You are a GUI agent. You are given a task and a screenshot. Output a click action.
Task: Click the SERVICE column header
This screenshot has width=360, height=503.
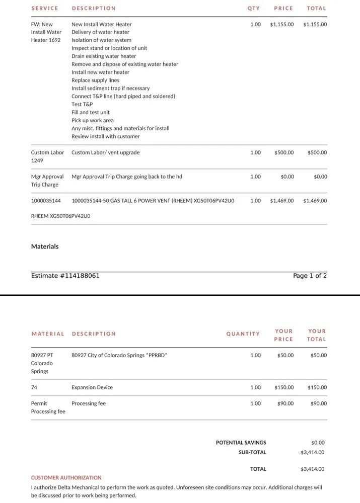(45, 9)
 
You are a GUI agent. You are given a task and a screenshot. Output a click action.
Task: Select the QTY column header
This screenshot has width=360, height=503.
(254, 9)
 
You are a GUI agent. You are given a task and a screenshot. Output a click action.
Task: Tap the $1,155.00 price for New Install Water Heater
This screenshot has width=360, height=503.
(281, 24)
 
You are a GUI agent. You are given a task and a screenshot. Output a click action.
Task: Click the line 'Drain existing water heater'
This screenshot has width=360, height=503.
(104, 56)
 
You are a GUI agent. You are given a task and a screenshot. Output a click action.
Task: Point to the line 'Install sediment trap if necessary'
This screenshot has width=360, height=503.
(110, 89)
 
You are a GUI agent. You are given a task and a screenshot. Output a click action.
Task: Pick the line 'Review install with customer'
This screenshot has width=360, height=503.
(106, 137)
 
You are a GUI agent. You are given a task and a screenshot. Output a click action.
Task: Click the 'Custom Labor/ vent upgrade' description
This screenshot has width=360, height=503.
(106, 153)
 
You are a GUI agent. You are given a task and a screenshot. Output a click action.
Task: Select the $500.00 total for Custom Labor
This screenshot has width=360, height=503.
(317, 153)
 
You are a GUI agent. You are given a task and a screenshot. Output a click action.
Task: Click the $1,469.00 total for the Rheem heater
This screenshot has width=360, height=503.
(315, 201)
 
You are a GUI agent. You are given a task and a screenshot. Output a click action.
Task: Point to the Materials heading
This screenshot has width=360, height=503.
(45, 247)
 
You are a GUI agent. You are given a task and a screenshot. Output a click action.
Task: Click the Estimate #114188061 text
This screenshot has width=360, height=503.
(65, 276)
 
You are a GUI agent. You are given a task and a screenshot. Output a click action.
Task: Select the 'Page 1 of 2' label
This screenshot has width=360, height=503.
(310, 276)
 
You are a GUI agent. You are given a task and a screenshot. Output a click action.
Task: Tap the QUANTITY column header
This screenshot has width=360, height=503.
(243, 334)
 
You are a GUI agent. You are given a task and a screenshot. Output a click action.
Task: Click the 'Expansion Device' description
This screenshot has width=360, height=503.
(92, 388)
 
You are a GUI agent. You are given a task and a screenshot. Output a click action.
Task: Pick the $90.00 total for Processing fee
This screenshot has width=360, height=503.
(318, 404)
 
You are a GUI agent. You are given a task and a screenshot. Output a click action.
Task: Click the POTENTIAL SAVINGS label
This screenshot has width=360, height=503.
(241, 443)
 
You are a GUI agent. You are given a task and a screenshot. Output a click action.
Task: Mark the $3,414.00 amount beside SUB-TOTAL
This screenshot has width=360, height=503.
(312, 453)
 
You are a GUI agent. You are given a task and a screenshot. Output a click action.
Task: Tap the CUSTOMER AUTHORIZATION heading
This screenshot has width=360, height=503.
(66, 478)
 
